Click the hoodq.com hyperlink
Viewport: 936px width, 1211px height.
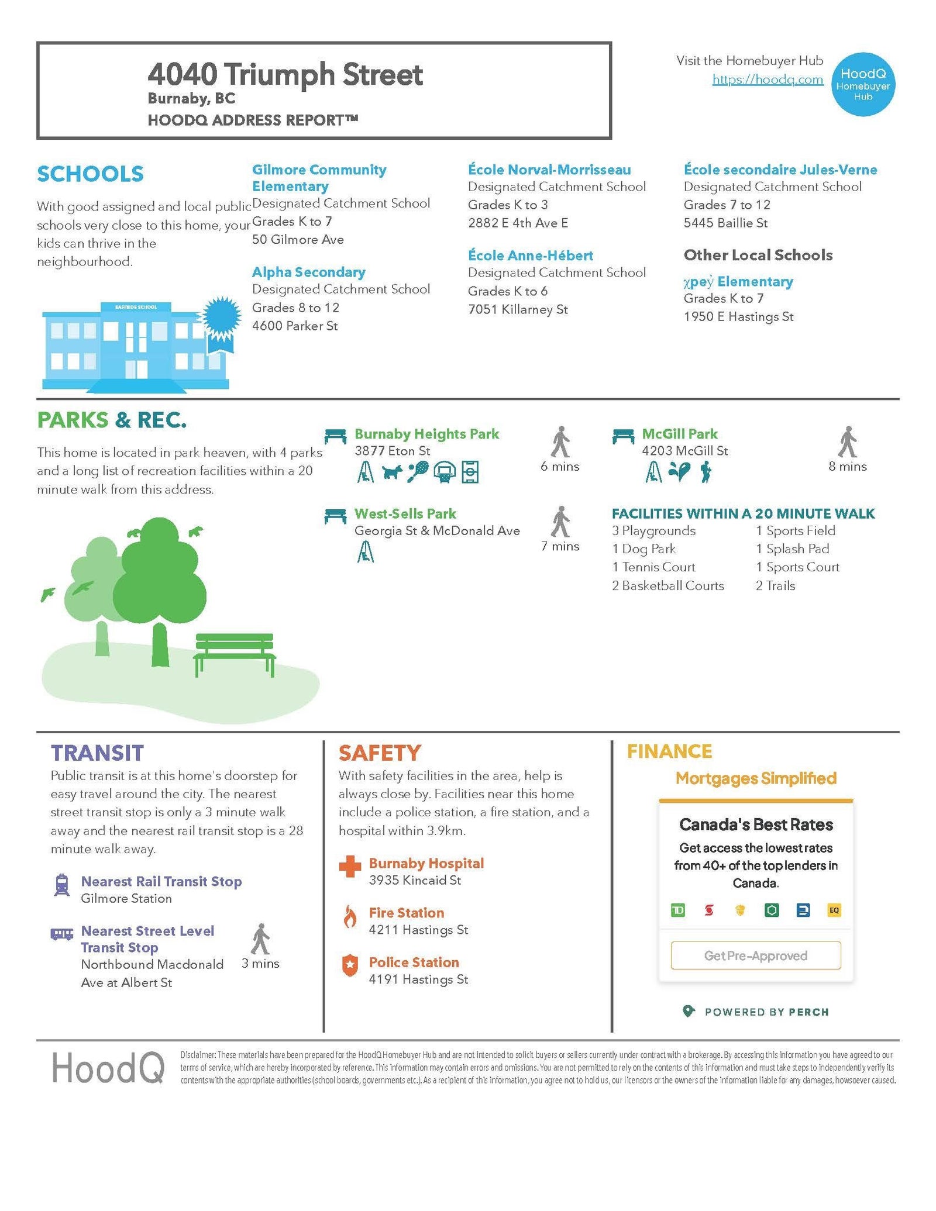click(767, 80)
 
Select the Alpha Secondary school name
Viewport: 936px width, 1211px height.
click(308, 272)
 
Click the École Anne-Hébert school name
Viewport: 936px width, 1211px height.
click(530, 256)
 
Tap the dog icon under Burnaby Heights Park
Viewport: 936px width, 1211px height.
click(392, 471)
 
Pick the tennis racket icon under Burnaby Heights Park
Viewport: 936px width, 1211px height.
click(418, 471)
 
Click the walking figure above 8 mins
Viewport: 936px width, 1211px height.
click(847, 442)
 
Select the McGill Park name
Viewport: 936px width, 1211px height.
click(679, 434)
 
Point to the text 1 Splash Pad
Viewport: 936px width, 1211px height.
click(792, 548)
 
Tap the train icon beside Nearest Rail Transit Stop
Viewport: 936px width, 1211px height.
click(61, 885)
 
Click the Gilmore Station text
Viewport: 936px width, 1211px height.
click(126, 898)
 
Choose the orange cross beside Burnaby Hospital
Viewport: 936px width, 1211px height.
click(350, 867)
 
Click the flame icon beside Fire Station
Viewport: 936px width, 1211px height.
click(350, 917)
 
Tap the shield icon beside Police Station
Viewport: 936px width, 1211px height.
click(350, 966)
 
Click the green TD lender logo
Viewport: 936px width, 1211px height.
click(677, 910)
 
